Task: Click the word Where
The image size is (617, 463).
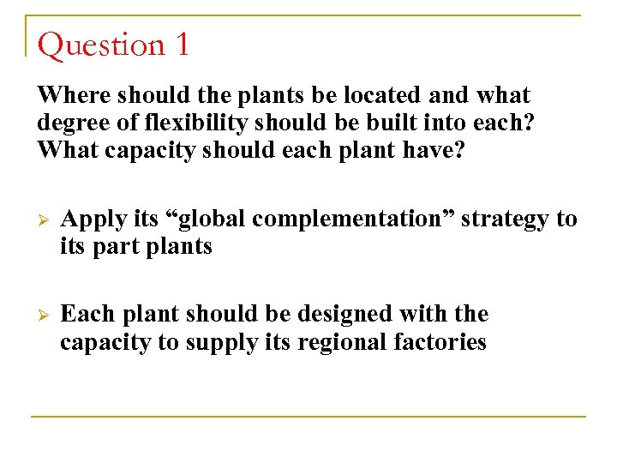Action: [73, 94]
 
